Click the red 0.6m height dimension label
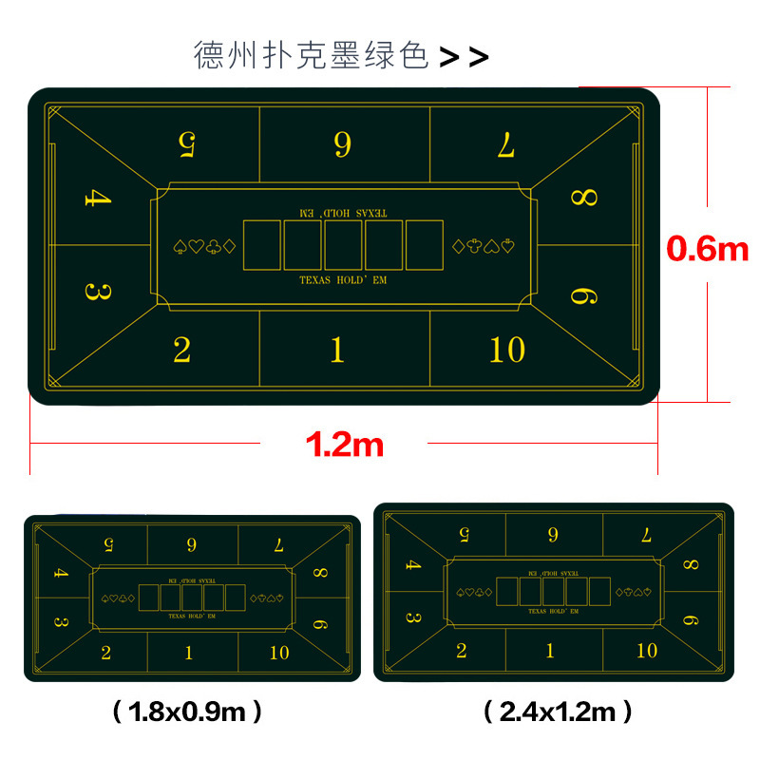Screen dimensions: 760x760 pyautogui.click(x=707, y=249)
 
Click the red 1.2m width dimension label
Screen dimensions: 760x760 pyautogui.click(x=345, y=444)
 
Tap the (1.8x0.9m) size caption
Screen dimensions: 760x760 pyautogui.click(x=187, y=712)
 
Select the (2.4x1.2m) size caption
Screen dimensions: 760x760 pyautogui.click(x=558, y=712)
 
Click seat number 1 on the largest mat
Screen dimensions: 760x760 pyautogui.click(x=337, y=350)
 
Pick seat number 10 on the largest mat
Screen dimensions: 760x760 pyautogui.click(x=507, y=350)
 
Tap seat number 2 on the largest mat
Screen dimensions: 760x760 pyautogui.click(x=181, y=350)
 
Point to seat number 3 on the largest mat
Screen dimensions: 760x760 pyautogui.click(x=98, y=292)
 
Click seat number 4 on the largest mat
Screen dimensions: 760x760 pyautogui.click(x=98, y=198)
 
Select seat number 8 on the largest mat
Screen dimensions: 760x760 pyautogui.click(x=584, y=198)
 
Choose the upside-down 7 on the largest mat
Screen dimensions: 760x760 pyautogui.click(x=506, y=144)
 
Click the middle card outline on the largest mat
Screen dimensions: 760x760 pyautogui.click(x=343, y=245)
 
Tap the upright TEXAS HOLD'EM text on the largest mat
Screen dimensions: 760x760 pyautogui.click(x=343, y=280)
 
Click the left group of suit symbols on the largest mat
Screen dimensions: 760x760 pyautogui.click(x=204, y=247)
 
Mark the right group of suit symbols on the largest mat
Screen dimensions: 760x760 pyautogui.click(x=484, y=247)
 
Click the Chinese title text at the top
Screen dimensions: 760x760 pyautogui.click(x=312, y=55)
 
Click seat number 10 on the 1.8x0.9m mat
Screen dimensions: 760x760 pyautogui.click(x=279, y=653)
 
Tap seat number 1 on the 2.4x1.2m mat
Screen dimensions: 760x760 pyautogui.click(x=550, y=651)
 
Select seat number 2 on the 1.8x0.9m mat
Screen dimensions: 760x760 pyautogui.click(x=106, y=653)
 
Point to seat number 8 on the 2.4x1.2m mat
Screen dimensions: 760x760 pyautogui.click(x=691, y=564)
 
